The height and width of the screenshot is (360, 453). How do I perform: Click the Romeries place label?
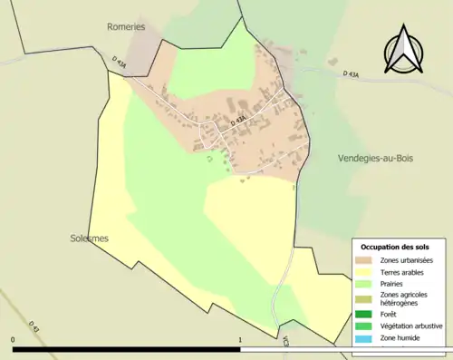click(126, 28)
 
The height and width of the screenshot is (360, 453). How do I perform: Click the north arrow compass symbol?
click(407, 51)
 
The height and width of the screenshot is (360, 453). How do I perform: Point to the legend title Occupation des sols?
click(395, 247)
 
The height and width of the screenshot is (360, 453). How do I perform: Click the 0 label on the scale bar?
click(14, 340)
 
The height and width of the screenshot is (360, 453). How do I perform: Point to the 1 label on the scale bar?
click(239, 340)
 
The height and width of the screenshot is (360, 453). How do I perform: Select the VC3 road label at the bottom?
click(284, 342)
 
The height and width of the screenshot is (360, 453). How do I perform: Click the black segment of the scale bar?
click(127, 348)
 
